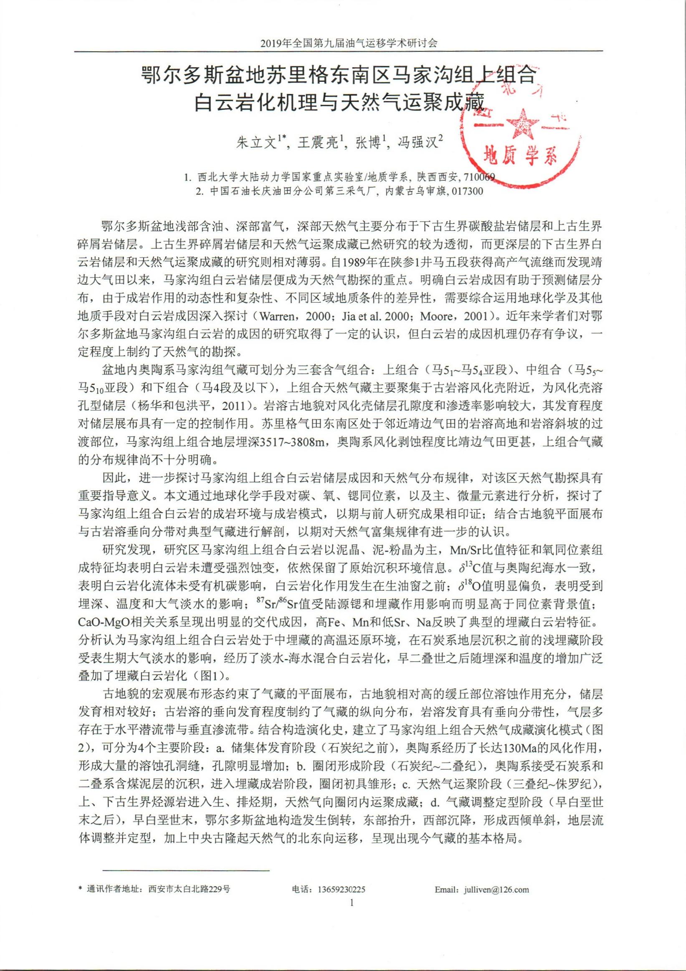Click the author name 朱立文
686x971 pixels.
pyautogui.click(x=255, y=143)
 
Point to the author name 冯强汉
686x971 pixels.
pyautogui.click(x=417, y=143)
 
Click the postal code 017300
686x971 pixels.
pyautogui.click(x=467, y=191)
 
